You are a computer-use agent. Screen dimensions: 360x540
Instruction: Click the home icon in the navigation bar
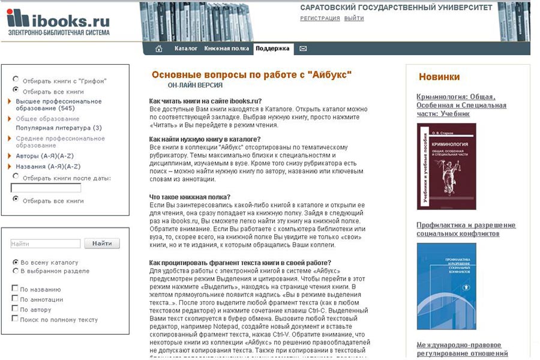(x=159, y=49)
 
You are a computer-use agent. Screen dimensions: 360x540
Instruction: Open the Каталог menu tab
(x=186, y=49)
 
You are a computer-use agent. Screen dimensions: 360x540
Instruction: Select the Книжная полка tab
(x=226, y=49)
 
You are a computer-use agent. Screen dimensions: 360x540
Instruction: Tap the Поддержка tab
(x=272, y=49)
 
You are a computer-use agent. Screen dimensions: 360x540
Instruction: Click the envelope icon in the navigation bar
(x=303, y=49)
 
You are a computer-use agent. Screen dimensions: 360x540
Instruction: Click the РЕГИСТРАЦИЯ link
(x=320, y=19)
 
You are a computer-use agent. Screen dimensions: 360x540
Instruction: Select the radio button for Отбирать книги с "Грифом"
(x=16, y=79)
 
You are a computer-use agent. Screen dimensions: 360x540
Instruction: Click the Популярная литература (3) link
(x=59, y=128)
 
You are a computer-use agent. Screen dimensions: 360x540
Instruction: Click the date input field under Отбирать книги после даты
(x=46, y=188)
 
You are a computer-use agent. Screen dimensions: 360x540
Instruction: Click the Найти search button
(x=102, y=244)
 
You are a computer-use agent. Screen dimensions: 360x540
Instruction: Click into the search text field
(x=46, y=244)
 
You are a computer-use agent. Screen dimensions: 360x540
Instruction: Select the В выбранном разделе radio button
(x=16, y=271)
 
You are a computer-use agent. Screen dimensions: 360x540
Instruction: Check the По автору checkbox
(x=15, y=309)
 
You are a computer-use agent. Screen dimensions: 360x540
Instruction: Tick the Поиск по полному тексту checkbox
(x=15, y=319)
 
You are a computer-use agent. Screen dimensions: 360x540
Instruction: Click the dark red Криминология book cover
(x=446, y=166)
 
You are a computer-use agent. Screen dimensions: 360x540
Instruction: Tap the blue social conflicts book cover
(x=446, y=286)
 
